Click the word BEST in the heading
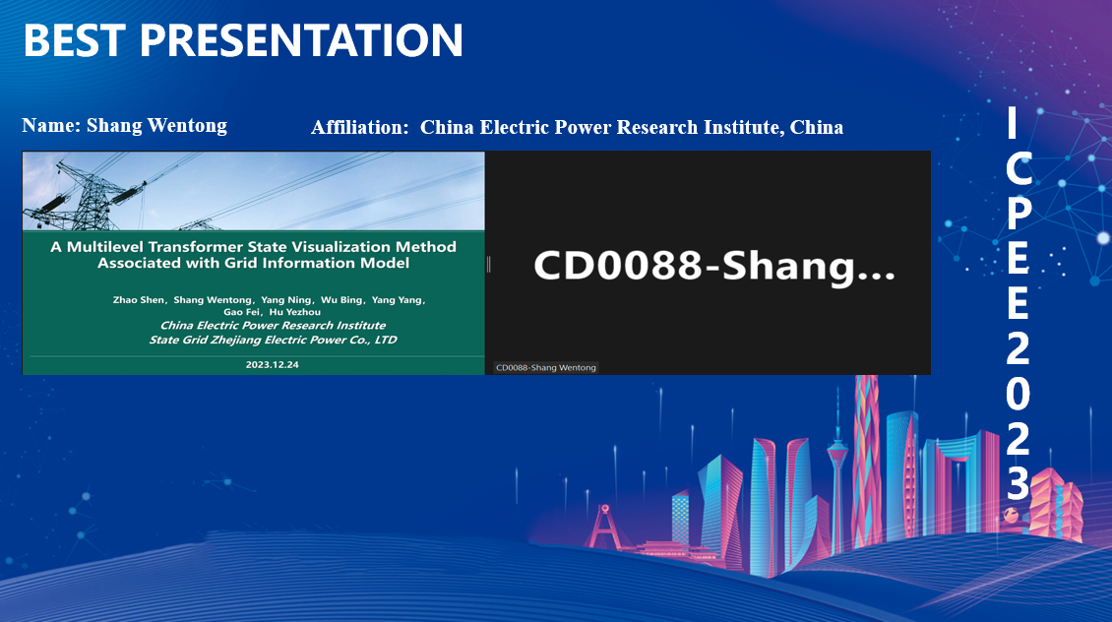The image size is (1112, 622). click(x=75, y=39)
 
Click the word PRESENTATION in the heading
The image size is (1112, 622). click(x=301, y=39)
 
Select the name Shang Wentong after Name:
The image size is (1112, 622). click(x=156, y=126)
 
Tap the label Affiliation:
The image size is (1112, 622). click(x=360, y=128)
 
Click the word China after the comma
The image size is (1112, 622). click(x=816, y=127)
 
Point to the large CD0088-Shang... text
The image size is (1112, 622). click(x=714, y=266)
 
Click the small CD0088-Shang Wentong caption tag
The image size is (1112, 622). click(x=545, y=367)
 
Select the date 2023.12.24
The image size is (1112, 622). click(x=272, y=364)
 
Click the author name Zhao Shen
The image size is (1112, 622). click(x=139, y=300)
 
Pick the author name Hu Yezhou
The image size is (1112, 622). click(x=295, y=312)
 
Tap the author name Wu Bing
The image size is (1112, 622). click(x=341, y=300)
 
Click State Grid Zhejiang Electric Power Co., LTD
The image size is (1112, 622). click(x=273, y=340)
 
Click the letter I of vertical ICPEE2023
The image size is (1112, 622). click(x=1012, y=122)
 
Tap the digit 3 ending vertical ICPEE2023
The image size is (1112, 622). click(x=1018, y=484)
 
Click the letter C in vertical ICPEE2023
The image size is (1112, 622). click(x=1019, y=169)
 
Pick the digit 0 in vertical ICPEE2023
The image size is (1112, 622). click(x=1018, y=394)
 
